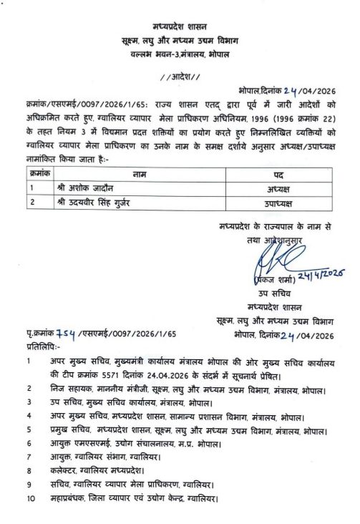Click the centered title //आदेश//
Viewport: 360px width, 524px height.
pos(180,77)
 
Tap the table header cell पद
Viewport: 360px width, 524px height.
pos(279,173)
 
